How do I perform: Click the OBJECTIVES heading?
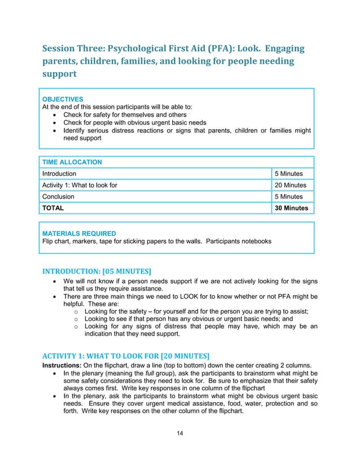click(x=63, y=99)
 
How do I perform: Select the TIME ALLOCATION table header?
click(x=72, y=162)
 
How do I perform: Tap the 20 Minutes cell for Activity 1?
click(x=290, y=185)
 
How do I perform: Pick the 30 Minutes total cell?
click(x=291, y=208)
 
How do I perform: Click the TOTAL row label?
click(x=53, y=208)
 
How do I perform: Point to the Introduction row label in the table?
click(x=59, y=174)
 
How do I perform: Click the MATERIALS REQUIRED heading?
click(x=79, y=233)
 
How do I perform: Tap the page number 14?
click(x=179, y=433)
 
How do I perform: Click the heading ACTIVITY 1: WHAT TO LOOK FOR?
click(x=126, y=355)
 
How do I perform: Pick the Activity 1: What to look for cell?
click(x=80, y=185)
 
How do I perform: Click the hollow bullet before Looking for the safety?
click(x=76, y=311)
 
